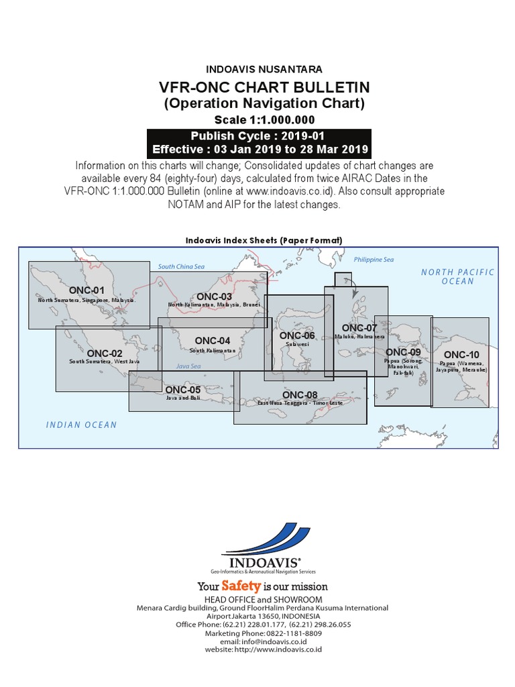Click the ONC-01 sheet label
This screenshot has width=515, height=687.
89,290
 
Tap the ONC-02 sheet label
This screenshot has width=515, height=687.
105,353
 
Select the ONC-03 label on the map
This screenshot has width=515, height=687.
215,297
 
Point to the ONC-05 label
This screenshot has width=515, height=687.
182,389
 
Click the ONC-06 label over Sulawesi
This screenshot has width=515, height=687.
297,335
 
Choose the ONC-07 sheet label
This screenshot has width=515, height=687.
359,327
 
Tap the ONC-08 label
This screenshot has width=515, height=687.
300,394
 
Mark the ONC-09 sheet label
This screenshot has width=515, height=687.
403,352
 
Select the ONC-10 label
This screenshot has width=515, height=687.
461,355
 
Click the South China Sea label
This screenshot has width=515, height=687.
180,267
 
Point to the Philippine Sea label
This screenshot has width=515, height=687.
374,260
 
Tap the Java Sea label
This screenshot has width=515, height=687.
188,366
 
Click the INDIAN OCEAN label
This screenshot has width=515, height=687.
81,425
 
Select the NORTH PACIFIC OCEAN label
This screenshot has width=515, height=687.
457,276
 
